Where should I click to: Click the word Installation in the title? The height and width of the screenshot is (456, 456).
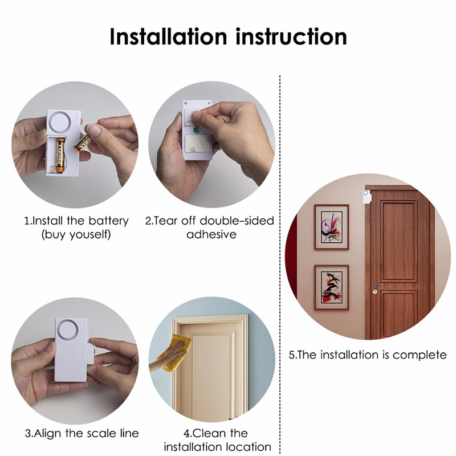[x=168, y=36]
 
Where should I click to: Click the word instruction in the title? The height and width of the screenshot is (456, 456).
[x=291, y=36]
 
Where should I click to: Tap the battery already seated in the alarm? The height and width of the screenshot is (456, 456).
[x=60, y=155]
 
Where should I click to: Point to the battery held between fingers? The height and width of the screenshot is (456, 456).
[x=83, y=142]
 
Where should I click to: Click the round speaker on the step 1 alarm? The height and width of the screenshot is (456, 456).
[x=59, y=122]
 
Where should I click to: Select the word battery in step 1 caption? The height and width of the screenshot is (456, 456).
[x=108, y=221]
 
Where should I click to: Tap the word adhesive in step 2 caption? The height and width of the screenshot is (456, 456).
[x=211, y=234]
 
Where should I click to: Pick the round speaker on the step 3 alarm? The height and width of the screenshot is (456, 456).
[x=68, y=331]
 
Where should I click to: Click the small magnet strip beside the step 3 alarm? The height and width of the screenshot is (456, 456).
[x=90, y=351]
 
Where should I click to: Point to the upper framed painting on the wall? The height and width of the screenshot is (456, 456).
[x=332, y=227]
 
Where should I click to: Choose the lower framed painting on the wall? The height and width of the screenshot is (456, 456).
[x=332, y=287]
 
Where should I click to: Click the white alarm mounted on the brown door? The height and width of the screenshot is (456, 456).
[x=366, y=197]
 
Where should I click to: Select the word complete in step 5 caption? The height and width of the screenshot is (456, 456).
[x=420, y=355]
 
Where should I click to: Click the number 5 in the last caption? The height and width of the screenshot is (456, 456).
[x=292, y=355]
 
